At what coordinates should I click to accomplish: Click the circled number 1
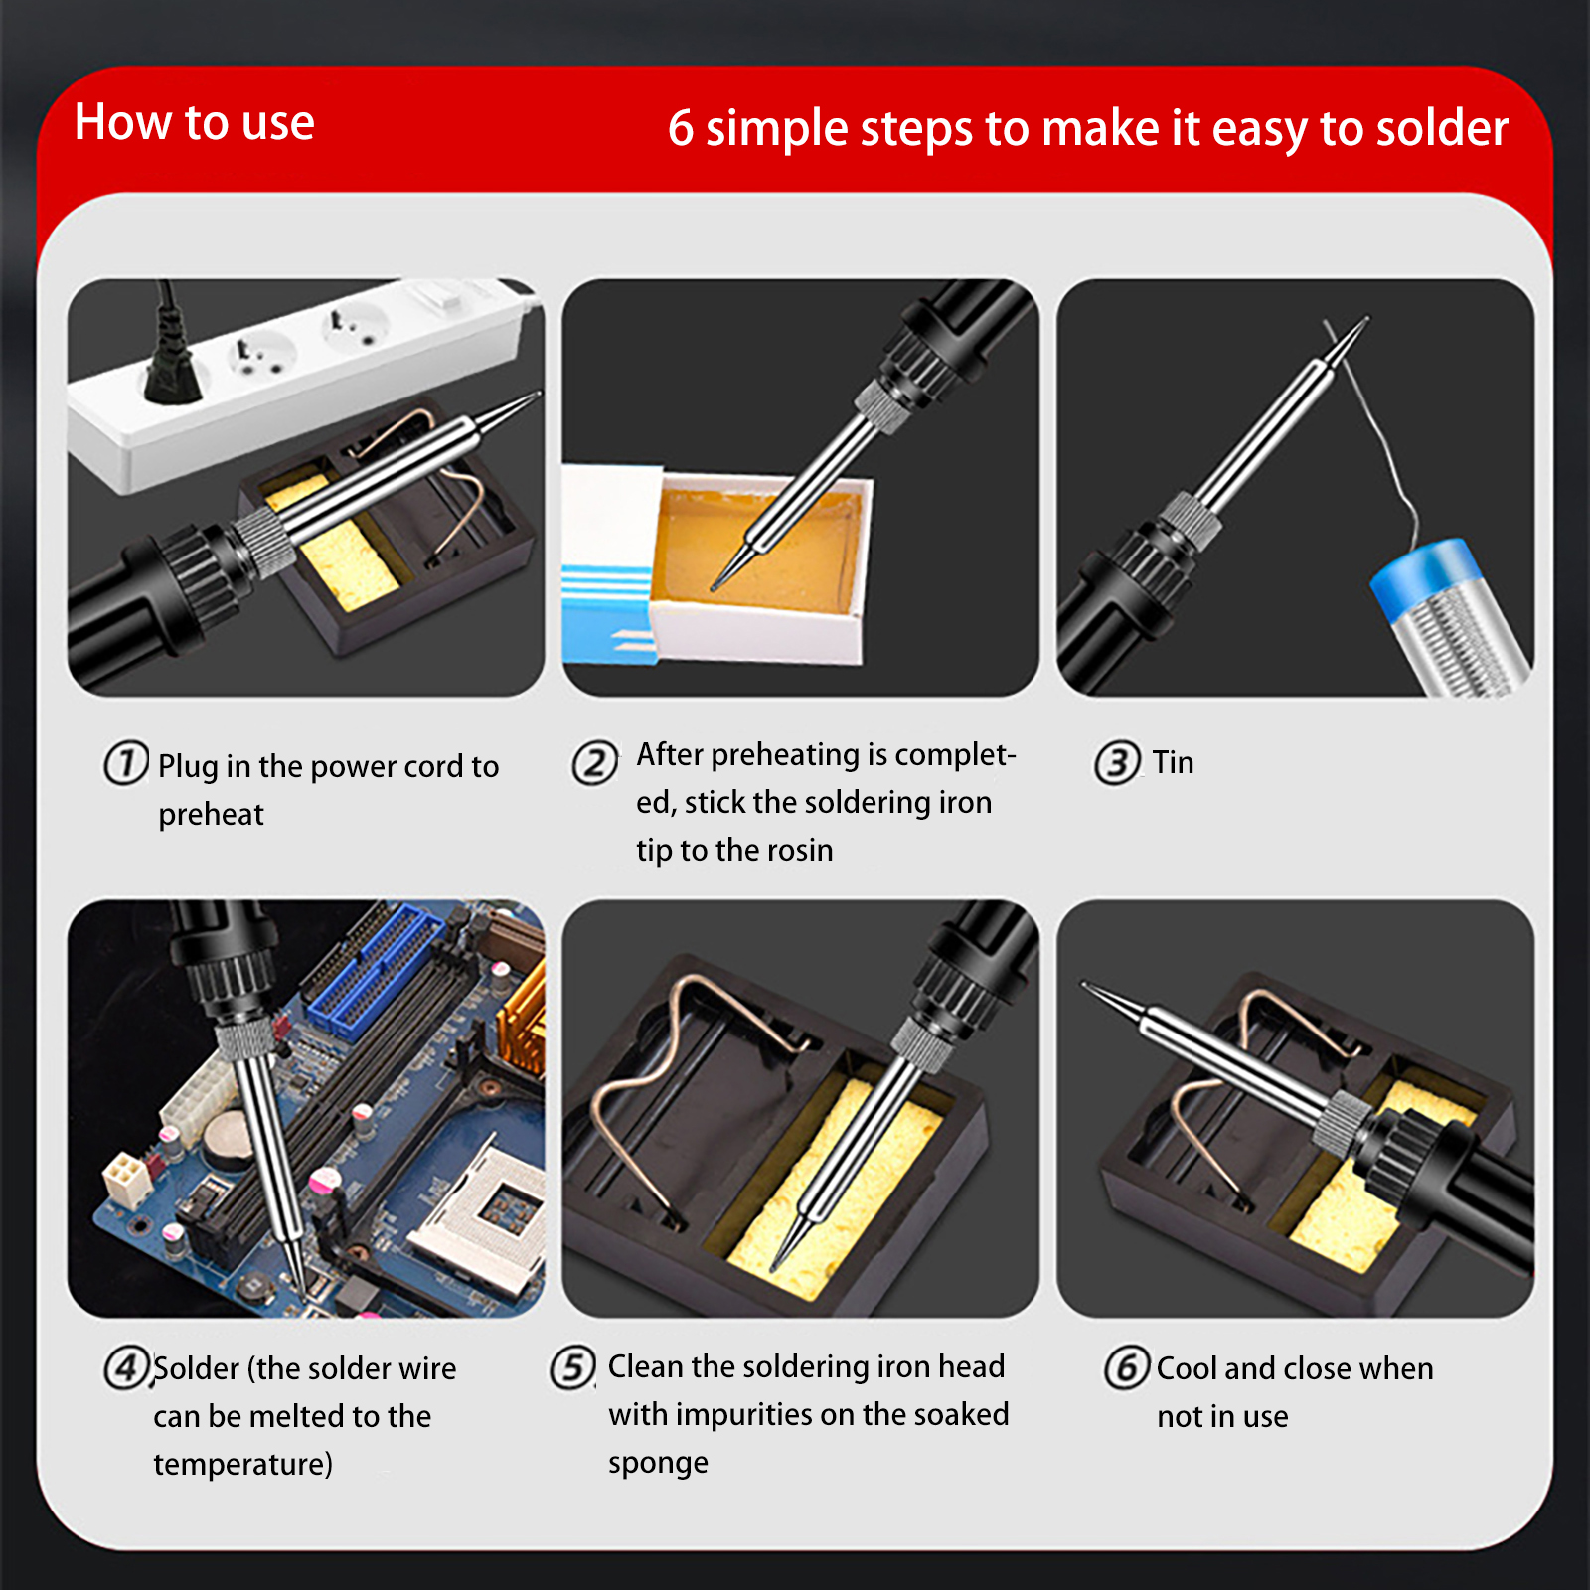point(126,763)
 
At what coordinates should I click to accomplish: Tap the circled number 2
point(595,763)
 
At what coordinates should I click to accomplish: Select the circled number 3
point(1117,763)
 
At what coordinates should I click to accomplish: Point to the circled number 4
point(126,1368)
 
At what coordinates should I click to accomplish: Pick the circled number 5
point(573,1367)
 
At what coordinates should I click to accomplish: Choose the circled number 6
point(1127,1367)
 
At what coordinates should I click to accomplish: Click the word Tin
point(1174,763)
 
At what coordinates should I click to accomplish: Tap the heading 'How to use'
point(195,122)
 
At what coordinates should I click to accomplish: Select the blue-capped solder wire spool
point(1452,616)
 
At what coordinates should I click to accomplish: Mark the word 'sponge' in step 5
point(658,1464)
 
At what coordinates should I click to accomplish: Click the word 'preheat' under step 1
point(211,815)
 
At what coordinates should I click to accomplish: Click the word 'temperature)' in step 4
point(243,1465)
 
